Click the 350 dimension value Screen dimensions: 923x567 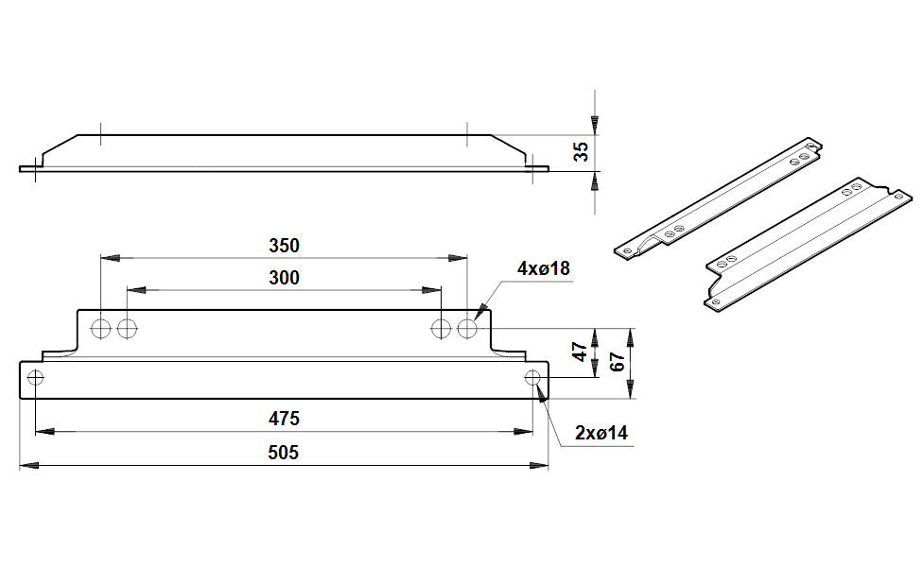(284, 246)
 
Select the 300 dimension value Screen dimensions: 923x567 (284, 278)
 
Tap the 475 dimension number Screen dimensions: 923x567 (284, 419)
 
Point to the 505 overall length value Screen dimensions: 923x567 (283, 453)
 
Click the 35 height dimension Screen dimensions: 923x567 (581, 152)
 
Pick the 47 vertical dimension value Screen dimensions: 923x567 (580, 352)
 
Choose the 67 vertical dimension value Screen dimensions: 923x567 (617, 362)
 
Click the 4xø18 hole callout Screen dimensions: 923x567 (544, 268)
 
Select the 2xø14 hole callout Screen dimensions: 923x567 (601, 433)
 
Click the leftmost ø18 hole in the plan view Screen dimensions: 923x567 (100, 328)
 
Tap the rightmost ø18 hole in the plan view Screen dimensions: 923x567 (467, 328)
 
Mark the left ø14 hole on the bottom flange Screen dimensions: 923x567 (35, 377)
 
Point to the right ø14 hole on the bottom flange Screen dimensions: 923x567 (532, 377)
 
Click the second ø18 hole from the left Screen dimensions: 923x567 (127, 328)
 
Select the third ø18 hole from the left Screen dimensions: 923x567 (441, 328)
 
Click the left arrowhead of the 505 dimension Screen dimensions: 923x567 (28, 465)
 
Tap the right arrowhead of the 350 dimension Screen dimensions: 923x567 (458, 258)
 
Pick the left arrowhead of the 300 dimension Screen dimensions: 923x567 (136, 290)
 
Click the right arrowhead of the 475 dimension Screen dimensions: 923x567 (523, 432)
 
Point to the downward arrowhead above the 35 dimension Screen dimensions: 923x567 (595, 126)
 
